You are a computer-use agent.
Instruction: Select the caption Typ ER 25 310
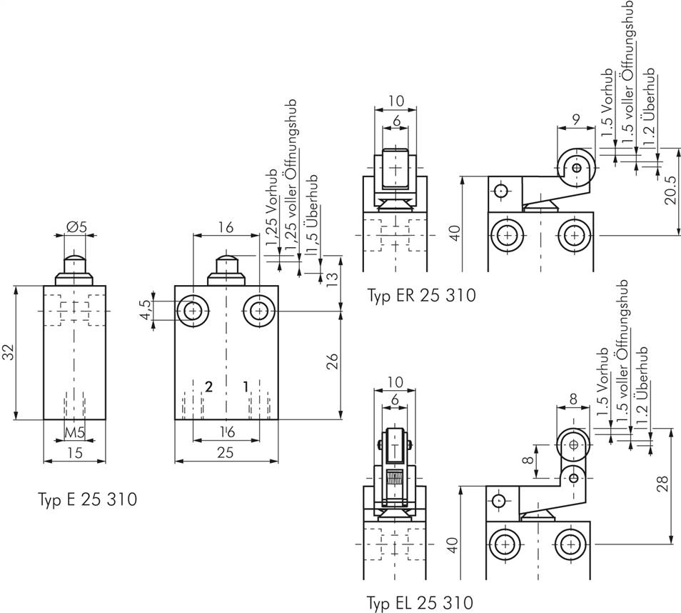pyautogui.click(x=421, y=295)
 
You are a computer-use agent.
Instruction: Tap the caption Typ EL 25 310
pyautogui.click(x=420, y=602)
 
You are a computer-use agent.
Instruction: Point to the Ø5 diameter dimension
pyautogui.click(x=76, y=227)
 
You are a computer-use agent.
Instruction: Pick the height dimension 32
pyautogui.click(x=8, y=353)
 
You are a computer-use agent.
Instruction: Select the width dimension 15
pyautogui.click(x=74, y=452)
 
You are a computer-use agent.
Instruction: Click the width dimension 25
pyautogui.click(x=226, y=452)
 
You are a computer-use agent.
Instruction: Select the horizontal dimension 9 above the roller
pyautogui.click(x=575, y=121)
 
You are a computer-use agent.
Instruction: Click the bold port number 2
pyautogui.click(x=208, y=387)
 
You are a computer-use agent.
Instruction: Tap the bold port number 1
pyautogui.click(x=246, y=387)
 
